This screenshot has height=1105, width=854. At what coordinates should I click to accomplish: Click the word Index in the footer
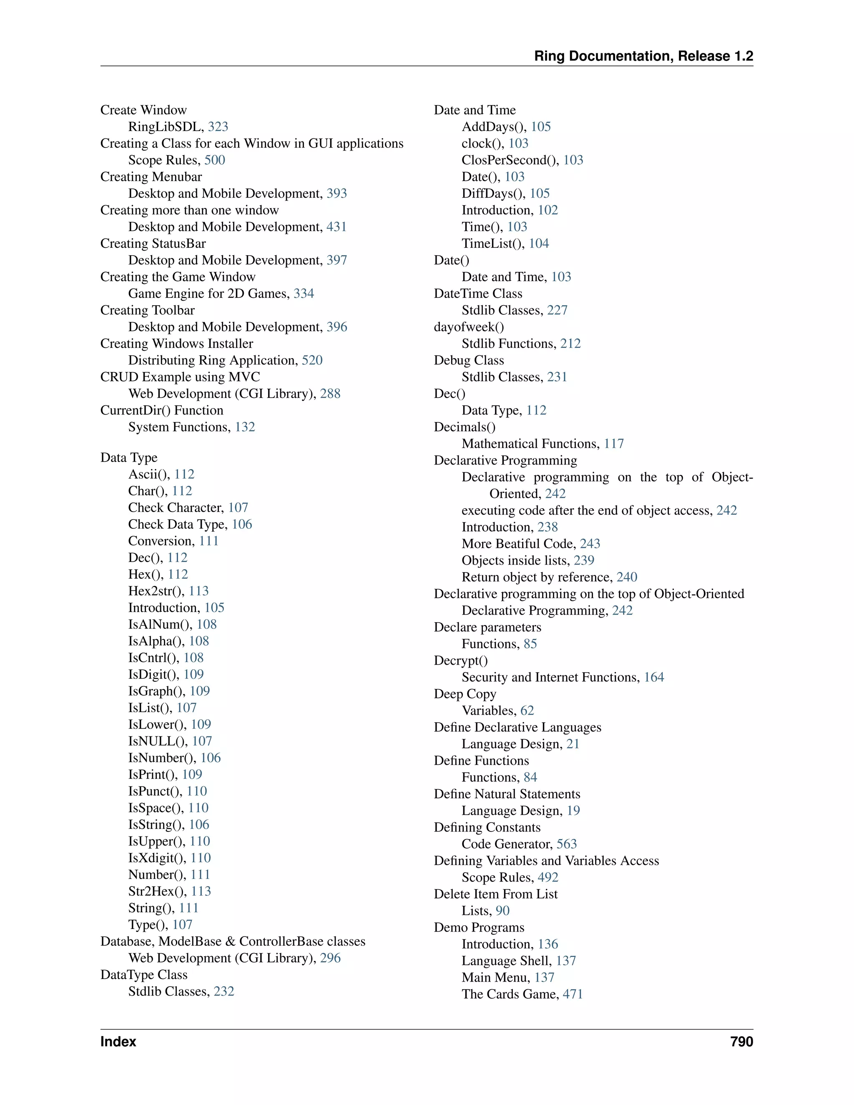point(118,1042)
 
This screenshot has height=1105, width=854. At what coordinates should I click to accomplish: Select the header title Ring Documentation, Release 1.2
point(643,56)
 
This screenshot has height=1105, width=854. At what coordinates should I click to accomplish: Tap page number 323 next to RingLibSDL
point(218,126)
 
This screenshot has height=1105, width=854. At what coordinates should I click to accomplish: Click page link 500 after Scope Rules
point(214,160)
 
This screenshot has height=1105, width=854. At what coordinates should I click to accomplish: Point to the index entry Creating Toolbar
point(147,310)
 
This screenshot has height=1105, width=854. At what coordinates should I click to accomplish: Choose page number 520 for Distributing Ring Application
point(312,360)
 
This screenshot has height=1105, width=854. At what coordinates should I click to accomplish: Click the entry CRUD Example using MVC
point(180,377)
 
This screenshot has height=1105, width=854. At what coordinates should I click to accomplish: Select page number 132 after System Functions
point(245,427)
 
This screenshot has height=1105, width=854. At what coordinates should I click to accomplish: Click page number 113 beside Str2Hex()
point(201,891)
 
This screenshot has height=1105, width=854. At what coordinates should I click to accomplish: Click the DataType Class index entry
point(144,974)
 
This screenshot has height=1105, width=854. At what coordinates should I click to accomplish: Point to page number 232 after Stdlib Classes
point(224,991)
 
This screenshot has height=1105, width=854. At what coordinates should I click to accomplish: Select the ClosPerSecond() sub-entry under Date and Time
point(510,160)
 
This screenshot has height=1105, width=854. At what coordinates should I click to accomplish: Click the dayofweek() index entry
point(469,327)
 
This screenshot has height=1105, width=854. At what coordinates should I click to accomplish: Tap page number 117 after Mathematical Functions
point(614,444)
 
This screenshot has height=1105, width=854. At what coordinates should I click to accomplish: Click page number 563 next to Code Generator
point(567,844)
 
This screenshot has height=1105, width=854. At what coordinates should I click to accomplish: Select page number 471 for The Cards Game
point(573,994)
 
